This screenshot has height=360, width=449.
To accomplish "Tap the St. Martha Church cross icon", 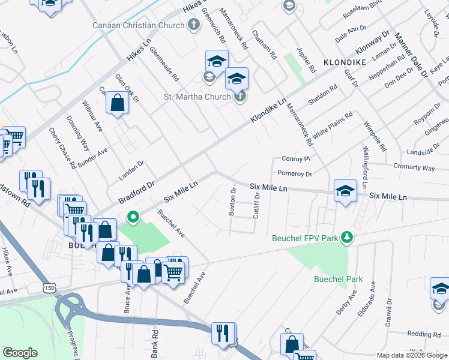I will click(240, 97).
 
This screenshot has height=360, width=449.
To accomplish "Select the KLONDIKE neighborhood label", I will click(345, 62).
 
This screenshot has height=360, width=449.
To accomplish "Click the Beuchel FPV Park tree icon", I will click(346, 238).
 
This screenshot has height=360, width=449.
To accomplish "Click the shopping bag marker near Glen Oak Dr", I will click(117, 104).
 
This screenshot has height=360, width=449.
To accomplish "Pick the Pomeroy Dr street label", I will click(295, 174).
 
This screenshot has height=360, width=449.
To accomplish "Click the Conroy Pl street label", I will click(295, 159).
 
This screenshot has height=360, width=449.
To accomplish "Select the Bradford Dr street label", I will click(137, 191).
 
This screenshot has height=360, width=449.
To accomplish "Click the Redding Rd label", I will click(424, 334).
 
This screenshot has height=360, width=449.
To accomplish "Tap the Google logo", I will click(20, 353).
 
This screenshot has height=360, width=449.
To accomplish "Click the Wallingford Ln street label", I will click(363, 166).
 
